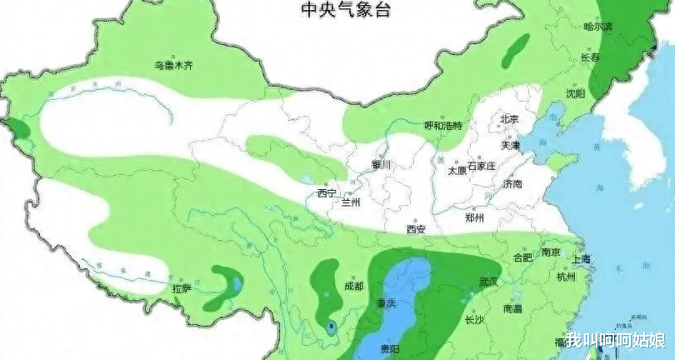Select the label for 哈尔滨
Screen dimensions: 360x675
point(597,27)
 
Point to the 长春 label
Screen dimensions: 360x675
point(589,58)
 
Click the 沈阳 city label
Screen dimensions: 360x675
point(575,93)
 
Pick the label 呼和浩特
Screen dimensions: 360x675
point(442,125)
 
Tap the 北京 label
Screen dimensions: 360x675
point(508,119)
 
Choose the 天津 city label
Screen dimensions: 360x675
point(510,145)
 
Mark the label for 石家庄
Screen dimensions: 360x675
point(482,167)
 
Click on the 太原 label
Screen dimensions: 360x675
point(457,170)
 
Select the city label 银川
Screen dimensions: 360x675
point(381,165)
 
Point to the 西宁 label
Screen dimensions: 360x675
point(327,193)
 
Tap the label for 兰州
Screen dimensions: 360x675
point(351,202)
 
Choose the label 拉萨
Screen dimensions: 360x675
point(182,288)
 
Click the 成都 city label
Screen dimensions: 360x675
point(353,286)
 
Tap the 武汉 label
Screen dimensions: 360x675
point(488,282)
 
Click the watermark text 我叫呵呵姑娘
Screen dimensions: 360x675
point(615,341)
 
